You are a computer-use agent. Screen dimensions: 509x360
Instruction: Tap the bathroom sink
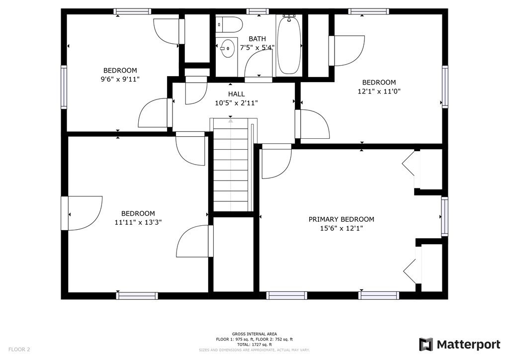(x=227, y=48)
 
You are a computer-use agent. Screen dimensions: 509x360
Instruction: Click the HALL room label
(x=236, y=94)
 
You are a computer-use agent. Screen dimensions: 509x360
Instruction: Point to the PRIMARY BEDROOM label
(x=341, y=219)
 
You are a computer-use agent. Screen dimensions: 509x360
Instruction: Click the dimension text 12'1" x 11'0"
(x=379, y=91)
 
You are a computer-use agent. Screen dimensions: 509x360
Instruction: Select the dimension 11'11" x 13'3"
(x=138, y=222)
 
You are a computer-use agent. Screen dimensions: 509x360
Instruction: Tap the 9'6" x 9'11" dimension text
(x=120, y=79)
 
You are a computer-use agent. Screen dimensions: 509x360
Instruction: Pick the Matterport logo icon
(x=426, y=345)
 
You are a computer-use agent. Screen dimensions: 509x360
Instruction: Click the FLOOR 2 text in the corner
(x=19, y=350)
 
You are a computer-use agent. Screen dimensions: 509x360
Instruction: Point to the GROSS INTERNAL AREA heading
(x=254, y=334)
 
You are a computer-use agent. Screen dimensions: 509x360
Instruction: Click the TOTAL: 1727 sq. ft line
(x=254, y=345)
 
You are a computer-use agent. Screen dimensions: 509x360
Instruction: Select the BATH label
(x=257, y=39)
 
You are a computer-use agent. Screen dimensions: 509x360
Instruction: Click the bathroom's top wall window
(x=257, y=12)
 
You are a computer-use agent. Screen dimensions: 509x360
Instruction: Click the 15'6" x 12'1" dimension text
(x=341, y=229)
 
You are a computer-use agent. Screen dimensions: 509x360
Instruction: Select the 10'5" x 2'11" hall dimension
(x=236, y=103)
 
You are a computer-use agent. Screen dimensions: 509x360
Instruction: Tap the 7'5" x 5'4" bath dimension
(x=257, y=48)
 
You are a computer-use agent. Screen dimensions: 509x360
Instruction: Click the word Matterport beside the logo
(x=468, y=345)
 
